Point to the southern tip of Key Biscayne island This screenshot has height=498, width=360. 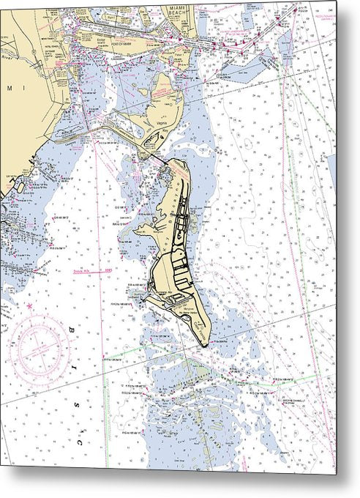tap(208, 343)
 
